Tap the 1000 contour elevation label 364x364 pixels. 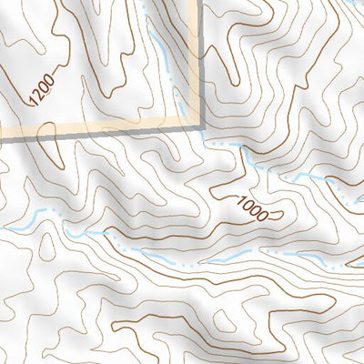[x=257, y=210]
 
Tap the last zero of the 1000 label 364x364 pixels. [x=268, y=217]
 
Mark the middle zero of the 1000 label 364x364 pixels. [x=260, y=213]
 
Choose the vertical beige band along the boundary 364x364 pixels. [x=193, y=64]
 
